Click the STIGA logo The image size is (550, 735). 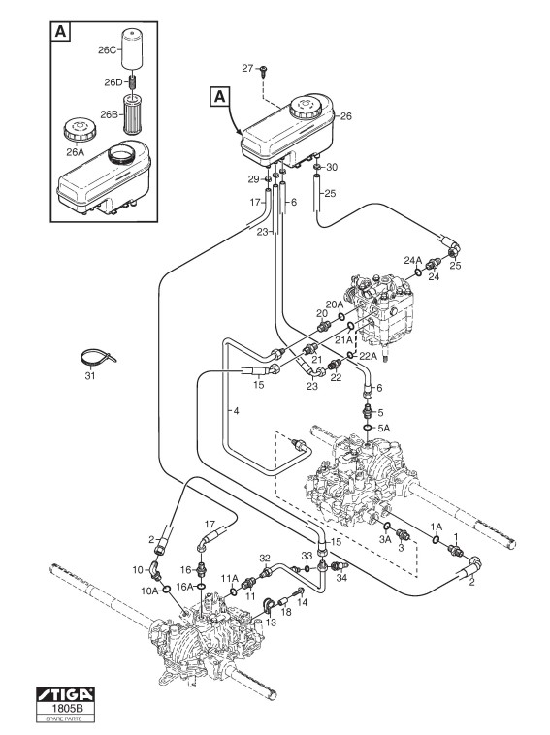pos(65,694)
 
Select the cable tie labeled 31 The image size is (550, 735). pos(96,359)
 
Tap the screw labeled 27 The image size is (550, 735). pos(262,71)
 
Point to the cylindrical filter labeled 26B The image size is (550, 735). pos(132,113)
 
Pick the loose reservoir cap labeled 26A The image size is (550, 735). pos(80,129)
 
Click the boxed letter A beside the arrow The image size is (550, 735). pos(219,98)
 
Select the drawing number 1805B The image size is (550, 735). pos(65,708)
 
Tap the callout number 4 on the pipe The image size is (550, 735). pos(237,411)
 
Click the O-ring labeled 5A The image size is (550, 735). pos(369,428)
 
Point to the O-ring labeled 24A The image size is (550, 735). pos(417,272)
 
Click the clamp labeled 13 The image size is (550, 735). pos(269,605)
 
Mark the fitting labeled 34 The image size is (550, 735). pos(338,565)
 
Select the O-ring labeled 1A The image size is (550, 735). pos(436,540)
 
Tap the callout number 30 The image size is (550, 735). pos(332,168)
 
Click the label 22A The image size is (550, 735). pos(368,356)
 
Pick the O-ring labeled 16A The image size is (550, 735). pos(201,586)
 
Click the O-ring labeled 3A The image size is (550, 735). pos(388,527)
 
